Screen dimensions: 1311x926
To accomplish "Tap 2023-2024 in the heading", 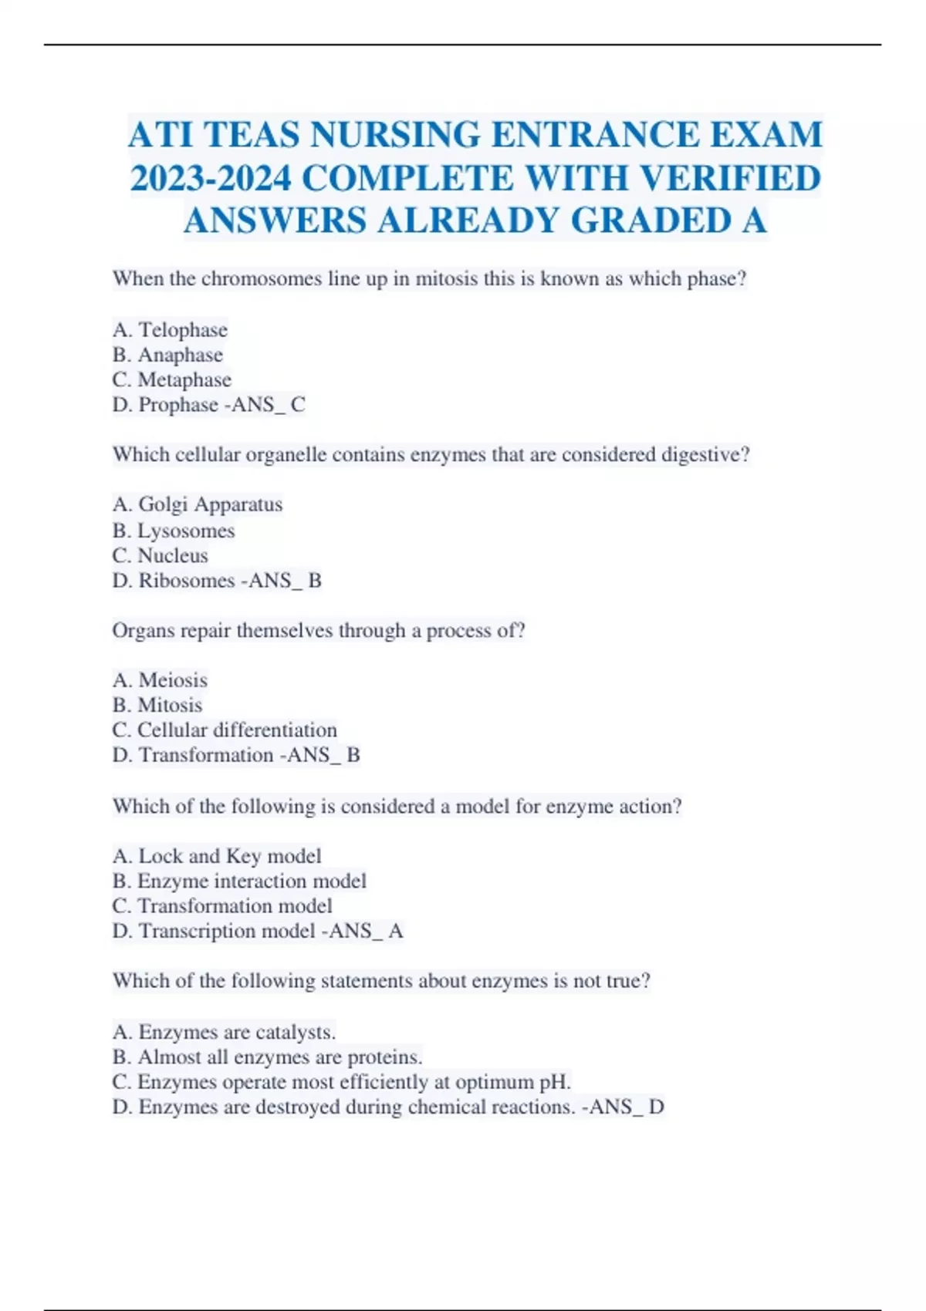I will point(211,179).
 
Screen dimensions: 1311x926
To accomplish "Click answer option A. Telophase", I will point(170,330).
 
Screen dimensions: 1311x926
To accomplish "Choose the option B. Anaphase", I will point(167,355).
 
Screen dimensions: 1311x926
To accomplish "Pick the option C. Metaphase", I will point(171,379).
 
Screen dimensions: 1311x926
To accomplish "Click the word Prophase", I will point(178,405).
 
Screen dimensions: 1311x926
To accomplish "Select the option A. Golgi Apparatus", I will point(197,504).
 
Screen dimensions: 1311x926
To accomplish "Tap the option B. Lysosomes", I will point(173,531).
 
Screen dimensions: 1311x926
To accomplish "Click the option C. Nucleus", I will point(160,555).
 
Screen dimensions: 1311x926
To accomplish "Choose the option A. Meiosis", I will point(160,680).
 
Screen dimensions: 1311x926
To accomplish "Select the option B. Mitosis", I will point(157,705).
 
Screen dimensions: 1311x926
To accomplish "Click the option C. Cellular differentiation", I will point(224,730).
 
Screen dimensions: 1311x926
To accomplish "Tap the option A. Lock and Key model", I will point(216,856).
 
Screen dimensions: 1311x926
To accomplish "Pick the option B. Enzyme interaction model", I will point(238,881).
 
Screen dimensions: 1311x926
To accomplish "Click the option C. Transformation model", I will point(221,905).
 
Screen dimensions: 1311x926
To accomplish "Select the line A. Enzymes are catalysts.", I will point(224,1032).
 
